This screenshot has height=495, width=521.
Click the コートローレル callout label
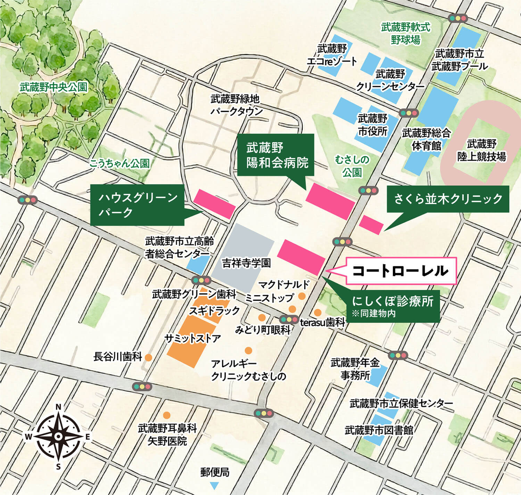pos(400,271)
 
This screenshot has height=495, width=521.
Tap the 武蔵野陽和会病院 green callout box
pos(276,155)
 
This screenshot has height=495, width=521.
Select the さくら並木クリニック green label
pos(448,199)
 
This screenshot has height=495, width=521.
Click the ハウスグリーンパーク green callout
pos(137,205)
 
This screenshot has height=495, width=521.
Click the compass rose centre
pos(59,436)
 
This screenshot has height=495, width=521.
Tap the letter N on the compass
pos(59,407)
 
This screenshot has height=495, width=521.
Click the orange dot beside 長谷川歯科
pos(148,357)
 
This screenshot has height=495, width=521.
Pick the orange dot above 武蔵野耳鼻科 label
pos(167,415)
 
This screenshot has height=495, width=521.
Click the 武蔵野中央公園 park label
pos(53,87)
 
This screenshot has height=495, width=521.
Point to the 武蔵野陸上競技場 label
pos(481,150)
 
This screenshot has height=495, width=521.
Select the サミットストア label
pos(193,338)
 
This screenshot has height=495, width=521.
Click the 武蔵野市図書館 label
pos(379,430)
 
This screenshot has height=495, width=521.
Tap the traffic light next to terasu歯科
pos(289,319)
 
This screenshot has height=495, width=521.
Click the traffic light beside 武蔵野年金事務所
pos(398,355)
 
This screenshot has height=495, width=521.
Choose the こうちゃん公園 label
pos(119,163)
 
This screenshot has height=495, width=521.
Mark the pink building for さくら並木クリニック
pos(371,225)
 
